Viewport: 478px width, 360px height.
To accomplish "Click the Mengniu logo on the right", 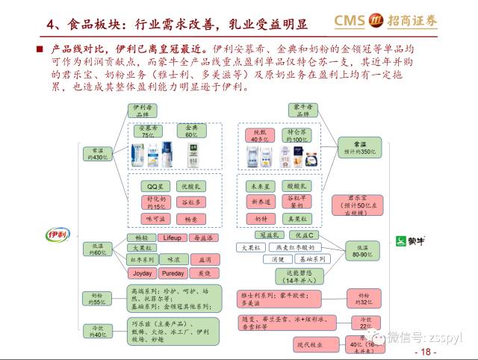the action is click(x=411, y=240).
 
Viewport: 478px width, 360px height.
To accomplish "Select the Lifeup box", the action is click(x=172, y=238).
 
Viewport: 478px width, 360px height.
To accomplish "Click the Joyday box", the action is click(x=142, y=273).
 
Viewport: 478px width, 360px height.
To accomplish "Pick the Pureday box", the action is click(x=173, y=273).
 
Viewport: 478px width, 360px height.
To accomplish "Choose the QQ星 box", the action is click(x=155, y=185).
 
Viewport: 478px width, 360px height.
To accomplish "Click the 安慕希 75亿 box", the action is click(x=153, y=131).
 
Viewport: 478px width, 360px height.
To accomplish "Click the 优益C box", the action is click(x=305, y=235).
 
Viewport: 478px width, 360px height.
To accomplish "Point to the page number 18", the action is click(x=427, y=352).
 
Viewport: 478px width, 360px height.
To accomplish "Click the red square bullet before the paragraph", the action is click(x=41, y=49).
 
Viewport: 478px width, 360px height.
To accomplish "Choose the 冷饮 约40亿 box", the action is click(x=97, y=330).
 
